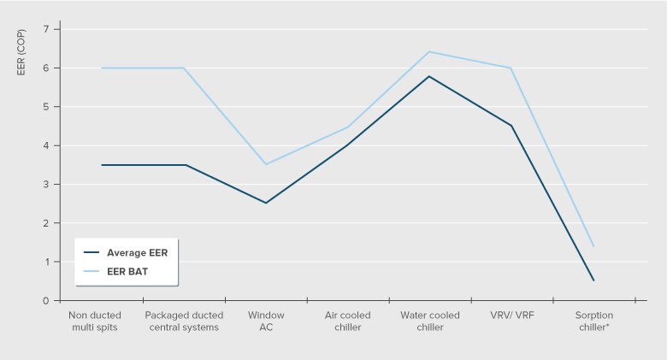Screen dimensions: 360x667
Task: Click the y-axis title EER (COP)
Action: pos(21,55)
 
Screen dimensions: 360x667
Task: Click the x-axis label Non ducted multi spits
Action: pos(101,321)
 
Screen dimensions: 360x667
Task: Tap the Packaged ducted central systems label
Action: pos(182,321)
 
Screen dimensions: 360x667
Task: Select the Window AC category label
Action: pos(265,321)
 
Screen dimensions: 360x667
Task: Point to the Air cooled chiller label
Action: pos(347,321)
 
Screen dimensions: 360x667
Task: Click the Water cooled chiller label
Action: pos(429,321)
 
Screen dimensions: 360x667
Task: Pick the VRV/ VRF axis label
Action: pos(511,316)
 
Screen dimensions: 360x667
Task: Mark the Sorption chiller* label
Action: pos(593,321)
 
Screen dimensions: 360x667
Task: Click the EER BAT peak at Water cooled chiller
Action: pos(429,52)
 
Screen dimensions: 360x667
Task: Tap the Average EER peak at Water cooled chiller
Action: pos(429,76)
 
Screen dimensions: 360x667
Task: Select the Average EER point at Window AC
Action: pos(265,203)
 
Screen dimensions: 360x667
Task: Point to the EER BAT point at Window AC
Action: pos(265,164)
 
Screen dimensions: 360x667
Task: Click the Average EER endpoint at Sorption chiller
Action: pos(593,280)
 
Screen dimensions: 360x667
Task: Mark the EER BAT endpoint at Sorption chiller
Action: pos(593,246)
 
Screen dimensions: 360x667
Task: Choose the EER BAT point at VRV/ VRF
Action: pos(511,68)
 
